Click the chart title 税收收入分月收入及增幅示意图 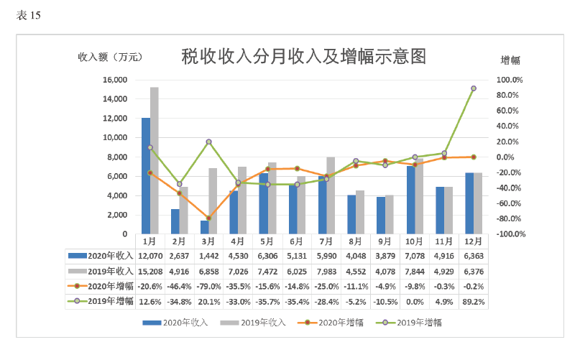[304, 57]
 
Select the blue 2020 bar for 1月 [146, 176]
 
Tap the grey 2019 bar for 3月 [213, 201]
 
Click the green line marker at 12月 [474, 88]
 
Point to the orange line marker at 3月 [208, 218]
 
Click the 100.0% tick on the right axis [511, 80]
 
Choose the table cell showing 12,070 [150, 255]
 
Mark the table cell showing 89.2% [474, 301]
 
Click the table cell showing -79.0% [209, 286]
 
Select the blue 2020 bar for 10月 [410, 200]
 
